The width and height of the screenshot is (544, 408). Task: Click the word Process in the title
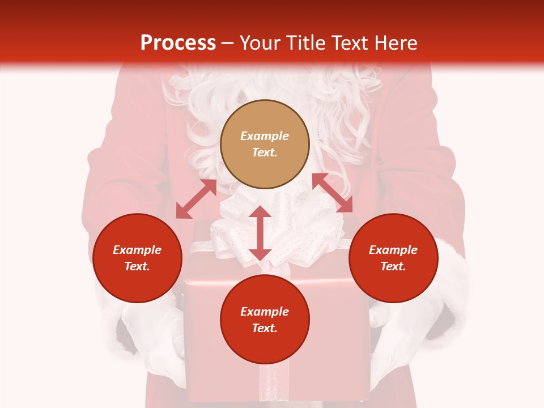click(178, 43)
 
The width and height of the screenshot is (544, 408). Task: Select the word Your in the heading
click(259, 43)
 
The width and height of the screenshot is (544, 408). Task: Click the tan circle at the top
click(265, 144)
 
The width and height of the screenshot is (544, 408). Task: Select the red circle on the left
click(137, 258)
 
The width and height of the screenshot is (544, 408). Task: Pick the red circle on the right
click(393, 258)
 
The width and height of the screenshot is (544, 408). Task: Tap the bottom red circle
click(265, 320)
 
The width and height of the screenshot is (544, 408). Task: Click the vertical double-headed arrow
click(260, 233)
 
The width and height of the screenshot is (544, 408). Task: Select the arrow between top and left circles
click(196, 199)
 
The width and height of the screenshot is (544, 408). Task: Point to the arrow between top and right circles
click(332, 193)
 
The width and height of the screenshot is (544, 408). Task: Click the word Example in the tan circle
click(265, 136)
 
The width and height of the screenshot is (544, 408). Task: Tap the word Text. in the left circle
click(137, 266)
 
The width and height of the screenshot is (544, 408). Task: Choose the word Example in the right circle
click(393, 250)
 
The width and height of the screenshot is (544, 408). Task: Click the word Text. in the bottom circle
click(265, 328)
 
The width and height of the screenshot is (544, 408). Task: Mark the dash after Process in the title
click(228, 43)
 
